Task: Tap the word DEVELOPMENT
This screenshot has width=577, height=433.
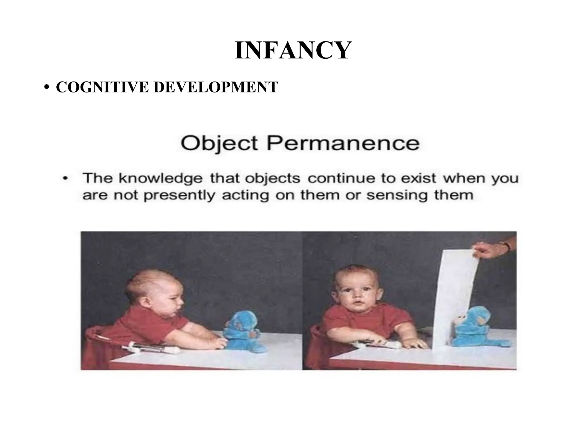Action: [x=216, y=87]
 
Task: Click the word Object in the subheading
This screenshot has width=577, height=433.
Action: [x=219, y=143]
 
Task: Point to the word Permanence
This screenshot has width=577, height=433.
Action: [x=343, y=143]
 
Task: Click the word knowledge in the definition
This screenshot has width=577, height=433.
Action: [x=160, y=178]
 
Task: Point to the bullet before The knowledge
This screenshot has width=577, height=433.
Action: [x=65, y=178]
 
